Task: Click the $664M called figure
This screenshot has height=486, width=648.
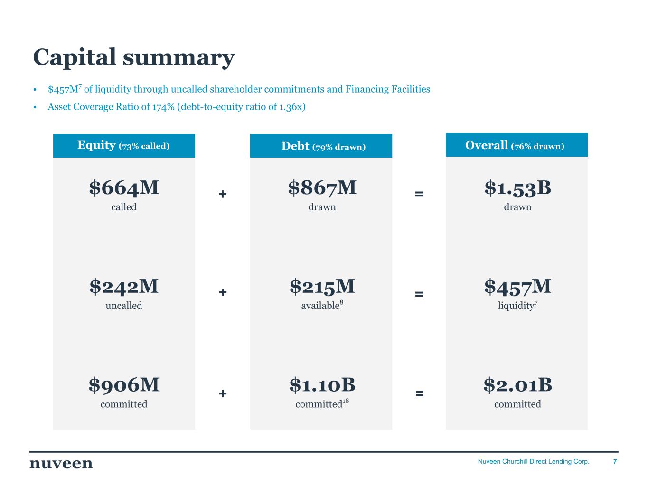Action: click(x=124, y=188)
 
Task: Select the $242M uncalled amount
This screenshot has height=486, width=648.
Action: click(x=124, y=287)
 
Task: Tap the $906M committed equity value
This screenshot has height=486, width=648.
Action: click(x=124, y=385)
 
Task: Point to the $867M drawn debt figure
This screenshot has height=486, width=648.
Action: click(x=322, y=188)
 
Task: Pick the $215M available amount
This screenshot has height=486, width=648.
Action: click(x=322, y=287)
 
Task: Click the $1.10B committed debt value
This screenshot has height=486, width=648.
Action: click(x=322, y=385)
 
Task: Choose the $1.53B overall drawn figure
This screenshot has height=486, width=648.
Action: click(x=517, y=188)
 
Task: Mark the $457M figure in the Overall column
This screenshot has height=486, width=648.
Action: click(x=517, y=287)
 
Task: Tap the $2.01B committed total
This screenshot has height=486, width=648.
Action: click(x=517, y=385)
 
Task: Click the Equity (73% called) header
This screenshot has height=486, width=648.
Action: click(x=123, y=146)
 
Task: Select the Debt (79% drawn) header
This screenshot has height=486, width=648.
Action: click(x=323, y=146)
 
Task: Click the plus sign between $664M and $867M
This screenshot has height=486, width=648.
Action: click(x=223, y=194)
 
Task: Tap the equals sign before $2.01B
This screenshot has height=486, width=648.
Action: click(x=419, y=393)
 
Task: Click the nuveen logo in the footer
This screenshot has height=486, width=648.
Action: click(x=61, y=463)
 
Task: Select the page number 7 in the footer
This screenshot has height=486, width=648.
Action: click(x=615, y=461)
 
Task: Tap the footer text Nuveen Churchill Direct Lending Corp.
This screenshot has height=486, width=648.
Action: click(x=533, y=461)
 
